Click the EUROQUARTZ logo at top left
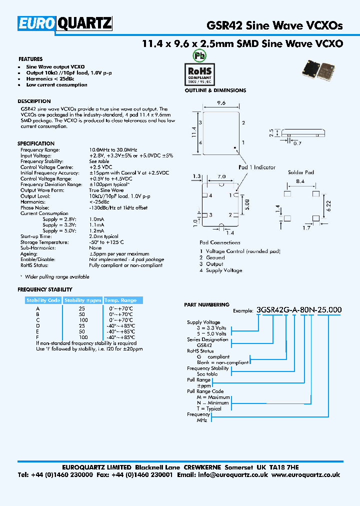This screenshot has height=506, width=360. (65, 23)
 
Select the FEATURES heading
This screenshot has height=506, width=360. (30, 59)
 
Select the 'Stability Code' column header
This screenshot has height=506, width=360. (43, 300)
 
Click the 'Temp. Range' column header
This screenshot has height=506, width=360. (120, 300)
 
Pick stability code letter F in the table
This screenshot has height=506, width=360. (37, 337)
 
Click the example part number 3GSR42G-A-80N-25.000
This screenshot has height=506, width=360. (298, 310)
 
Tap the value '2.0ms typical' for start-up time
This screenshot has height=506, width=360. (103, 236)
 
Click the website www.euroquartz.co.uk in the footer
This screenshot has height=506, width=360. (307, 475)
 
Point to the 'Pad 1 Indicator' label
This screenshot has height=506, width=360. (257, 167)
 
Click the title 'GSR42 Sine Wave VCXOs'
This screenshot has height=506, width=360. (274, 25)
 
